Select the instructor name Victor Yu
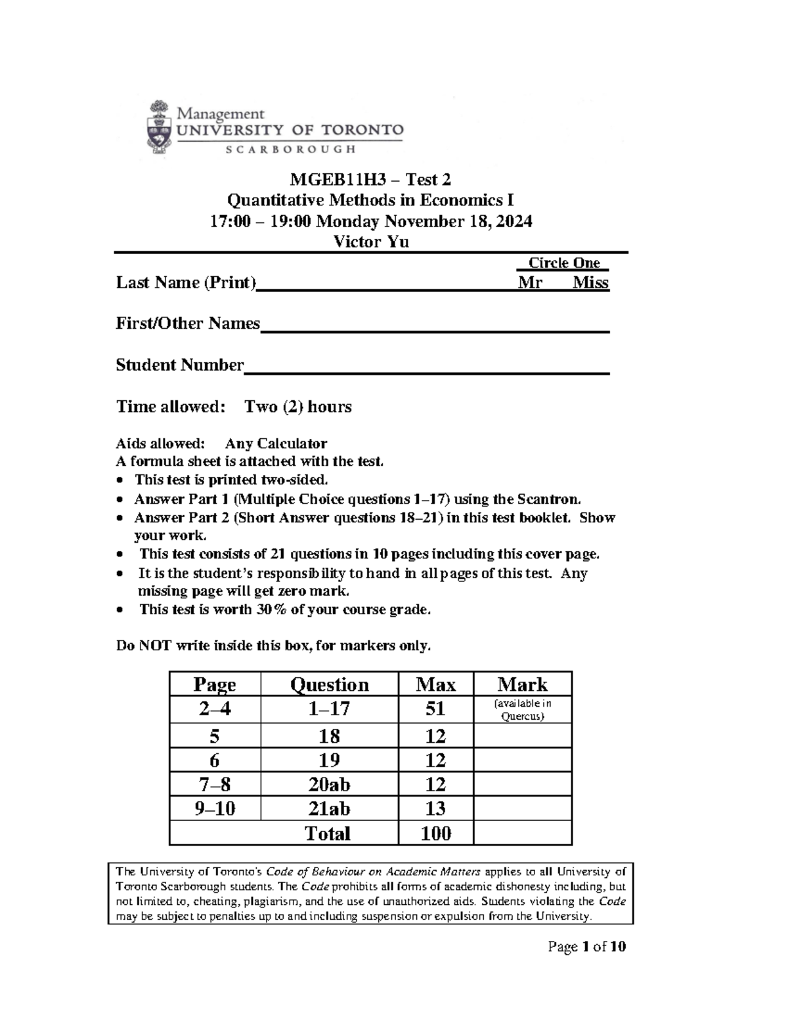[x=371, y=242]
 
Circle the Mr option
[x=530, y=283]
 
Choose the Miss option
[x=590, y=283]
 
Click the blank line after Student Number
[x=427, y=370]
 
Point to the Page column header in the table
[x=215, y=684]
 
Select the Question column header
[x=329, y=684]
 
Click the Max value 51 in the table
[x=435, y=709]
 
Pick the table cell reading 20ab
[x=329, y=784]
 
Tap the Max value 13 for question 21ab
[x=435, y=808]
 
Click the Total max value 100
[x=435, y=833]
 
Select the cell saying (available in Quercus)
[x=522, y=709]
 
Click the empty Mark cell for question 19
[x=522, y=760]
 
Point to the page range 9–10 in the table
[x=215, y=808]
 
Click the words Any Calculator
[x=276, y=444]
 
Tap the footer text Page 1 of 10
[x=587, y=946]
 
